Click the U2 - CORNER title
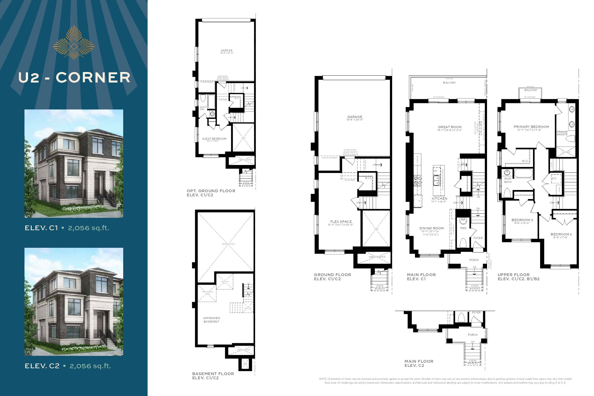[x=74, y=78]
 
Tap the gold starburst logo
[x=74, y=43]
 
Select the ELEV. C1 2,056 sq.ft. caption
[x=67, y=228]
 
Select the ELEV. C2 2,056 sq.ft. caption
[x=68, y=366]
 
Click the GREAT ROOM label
[x=450, y=127]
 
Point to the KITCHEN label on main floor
[x=439, y=199]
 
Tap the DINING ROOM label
[x=431, y=228]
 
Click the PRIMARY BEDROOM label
[x=531, y=127]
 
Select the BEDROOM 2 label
[x=561, y=234]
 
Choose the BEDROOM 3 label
[x=522, y=220]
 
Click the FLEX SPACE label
[x=341, y=222]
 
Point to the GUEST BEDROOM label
[x=214, y=139]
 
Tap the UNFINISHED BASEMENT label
[x=211, y=320]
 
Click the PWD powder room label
[x=463, y=228]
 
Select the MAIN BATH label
[x=508, y=180]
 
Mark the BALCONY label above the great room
[x=449, y=82]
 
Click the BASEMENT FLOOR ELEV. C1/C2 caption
[x=213, y=376]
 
